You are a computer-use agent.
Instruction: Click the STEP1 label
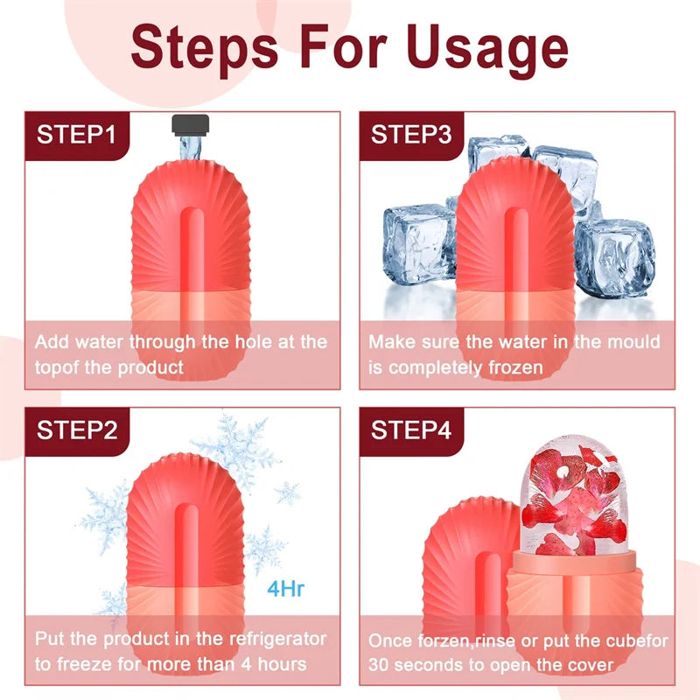[x=75, y=135]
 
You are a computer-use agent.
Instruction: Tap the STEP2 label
[x=77, y=430]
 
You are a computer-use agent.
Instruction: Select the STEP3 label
[x=411, y=135]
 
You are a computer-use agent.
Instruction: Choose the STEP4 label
[x=411, y=430]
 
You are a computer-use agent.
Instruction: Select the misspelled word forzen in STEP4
[x=444, y=640]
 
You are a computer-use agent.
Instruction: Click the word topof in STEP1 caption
[x=58, y=367]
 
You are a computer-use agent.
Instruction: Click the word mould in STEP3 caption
[x=632, y=342]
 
